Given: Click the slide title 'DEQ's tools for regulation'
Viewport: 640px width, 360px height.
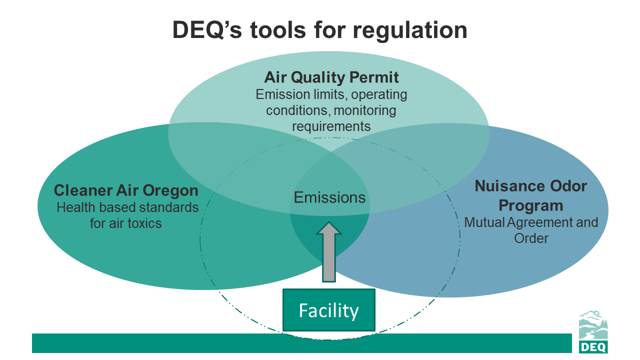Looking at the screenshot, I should tap(320, 30).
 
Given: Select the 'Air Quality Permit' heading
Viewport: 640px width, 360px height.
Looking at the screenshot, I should tap(331, 77).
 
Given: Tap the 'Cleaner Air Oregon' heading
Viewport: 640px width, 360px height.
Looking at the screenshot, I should tap(126, 190).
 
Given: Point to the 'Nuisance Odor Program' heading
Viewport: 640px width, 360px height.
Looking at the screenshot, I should tap(531, 195).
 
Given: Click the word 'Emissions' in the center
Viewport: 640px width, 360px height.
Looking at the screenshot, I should tap(329, 197).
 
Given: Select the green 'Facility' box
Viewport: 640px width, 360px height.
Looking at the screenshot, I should tap(328, 310).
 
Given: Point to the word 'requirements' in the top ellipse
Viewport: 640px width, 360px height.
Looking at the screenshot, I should tap(331, 126).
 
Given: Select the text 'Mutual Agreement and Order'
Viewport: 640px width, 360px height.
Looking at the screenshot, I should tap(531, 229).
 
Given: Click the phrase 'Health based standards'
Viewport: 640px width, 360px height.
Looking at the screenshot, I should tap(127, 207).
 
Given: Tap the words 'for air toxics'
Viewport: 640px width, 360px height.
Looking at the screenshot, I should tap(126, 223).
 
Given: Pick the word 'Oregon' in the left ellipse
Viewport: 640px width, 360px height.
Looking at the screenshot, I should tap(171, 190).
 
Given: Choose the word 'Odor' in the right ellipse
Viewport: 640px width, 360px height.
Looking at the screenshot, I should tap(568, 186).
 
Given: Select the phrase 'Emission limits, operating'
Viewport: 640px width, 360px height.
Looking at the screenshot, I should tap(331, 94).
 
